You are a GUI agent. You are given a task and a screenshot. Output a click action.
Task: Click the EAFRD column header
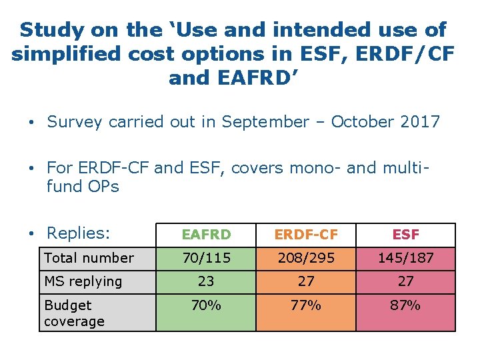tap(206, 235)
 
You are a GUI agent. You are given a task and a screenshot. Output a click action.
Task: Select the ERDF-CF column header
tap(306, 235)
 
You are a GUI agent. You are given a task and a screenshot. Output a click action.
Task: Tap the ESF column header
tap(405, 235)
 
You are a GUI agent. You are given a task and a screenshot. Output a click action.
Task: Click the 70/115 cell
tap(206, 258)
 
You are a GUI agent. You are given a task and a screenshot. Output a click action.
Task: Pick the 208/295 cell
tap(306, 258)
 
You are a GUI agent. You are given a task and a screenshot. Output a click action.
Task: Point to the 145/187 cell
tap(405, 258)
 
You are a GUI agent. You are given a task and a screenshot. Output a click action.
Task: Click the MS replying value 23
tap(206, 281)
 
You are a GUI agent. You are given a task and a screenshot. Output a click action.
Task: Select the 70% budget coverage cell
tap(206, 305)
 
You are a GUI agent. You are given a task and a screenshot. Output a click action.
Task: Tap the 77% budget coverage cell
tap(306, 305)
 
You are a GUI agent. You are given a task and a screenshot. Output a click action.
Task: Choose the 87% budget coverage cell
tap(405, 305)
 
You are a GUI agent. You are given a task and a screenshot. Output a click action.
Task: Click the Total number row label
tap(89, 258)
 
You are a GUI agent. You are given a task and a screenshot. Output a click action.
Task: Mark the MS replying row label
tap(83, 281)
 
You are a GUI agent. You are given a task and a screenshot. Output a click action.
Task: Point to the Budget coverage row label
tap(74, 313)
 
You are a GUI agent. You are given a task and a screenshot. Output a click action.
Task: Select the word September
tap(265, 122)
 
